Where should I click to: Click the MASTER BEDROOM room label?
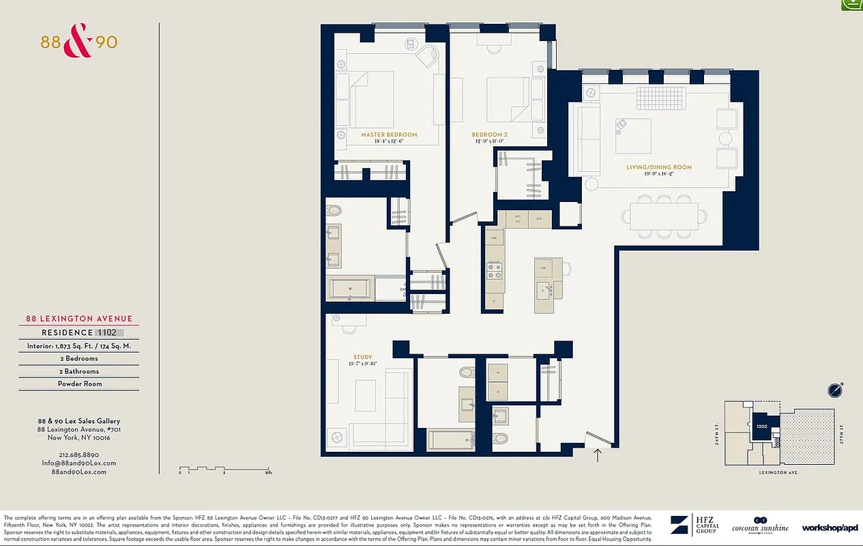pos(389,135)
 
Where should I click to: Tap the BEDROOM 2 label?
pos(490,135)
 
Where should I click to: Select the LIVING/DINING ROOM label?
pos(659,167)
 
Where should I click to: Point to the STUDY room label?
pos(363,357)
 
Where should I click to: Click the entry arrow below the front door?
pos(598,455)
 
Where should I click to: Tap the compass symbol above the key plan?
pos(836,390)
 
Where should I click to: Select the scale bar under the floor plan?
pos(226,470)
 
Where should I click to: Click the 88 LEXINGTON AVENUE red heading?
pos(79,319)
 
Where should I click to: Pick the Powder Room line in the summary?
pos(79,384)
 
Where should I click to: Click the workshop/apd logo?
pos(829,528)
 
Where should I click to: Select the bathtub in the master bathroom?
pos(351,289)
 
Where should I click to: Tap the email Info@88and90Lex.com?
pos(78,463)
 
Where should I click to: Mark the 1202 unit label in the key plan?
pos(762,426)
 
